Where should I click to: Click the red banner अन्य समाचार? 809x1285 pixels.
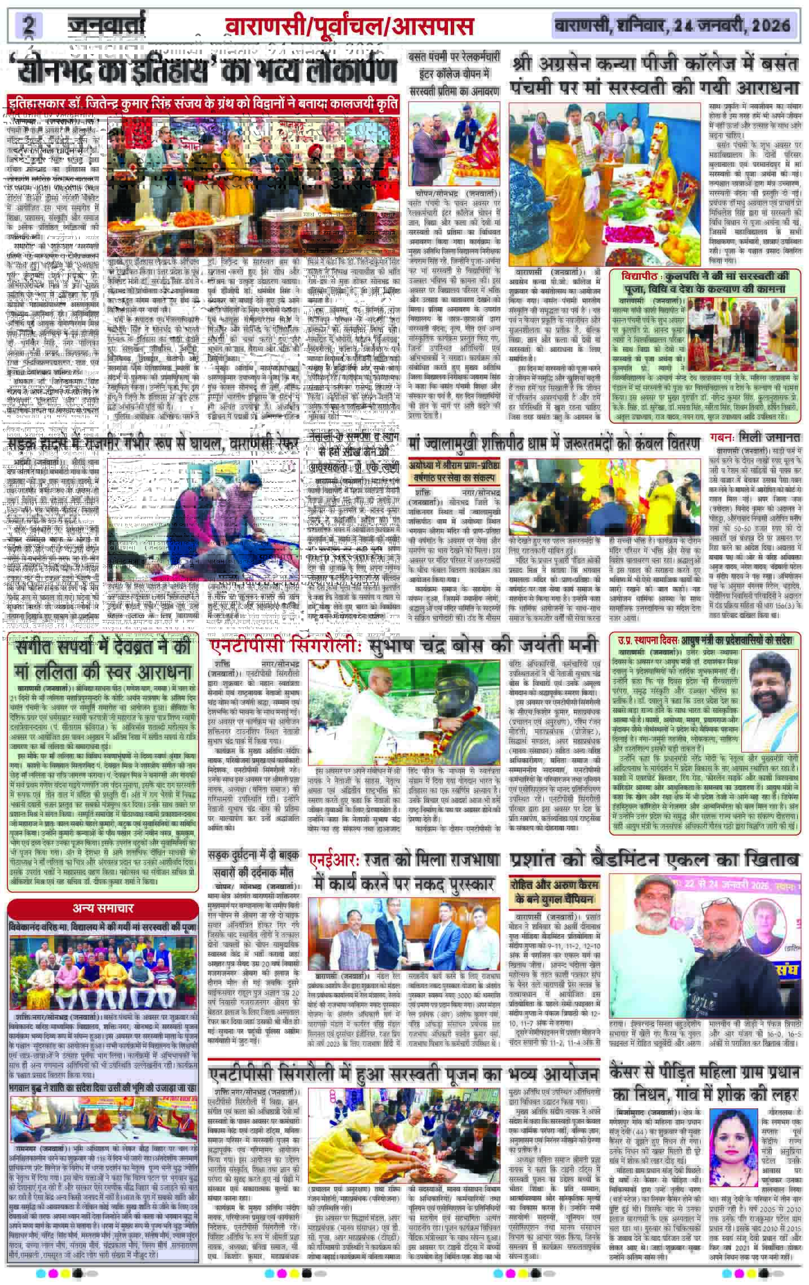tap(103, 923)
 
